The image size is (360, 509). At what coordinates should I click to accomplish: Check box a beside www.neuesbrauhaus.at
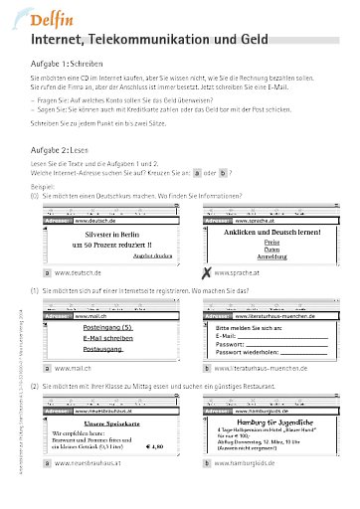tap(47, 462)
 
